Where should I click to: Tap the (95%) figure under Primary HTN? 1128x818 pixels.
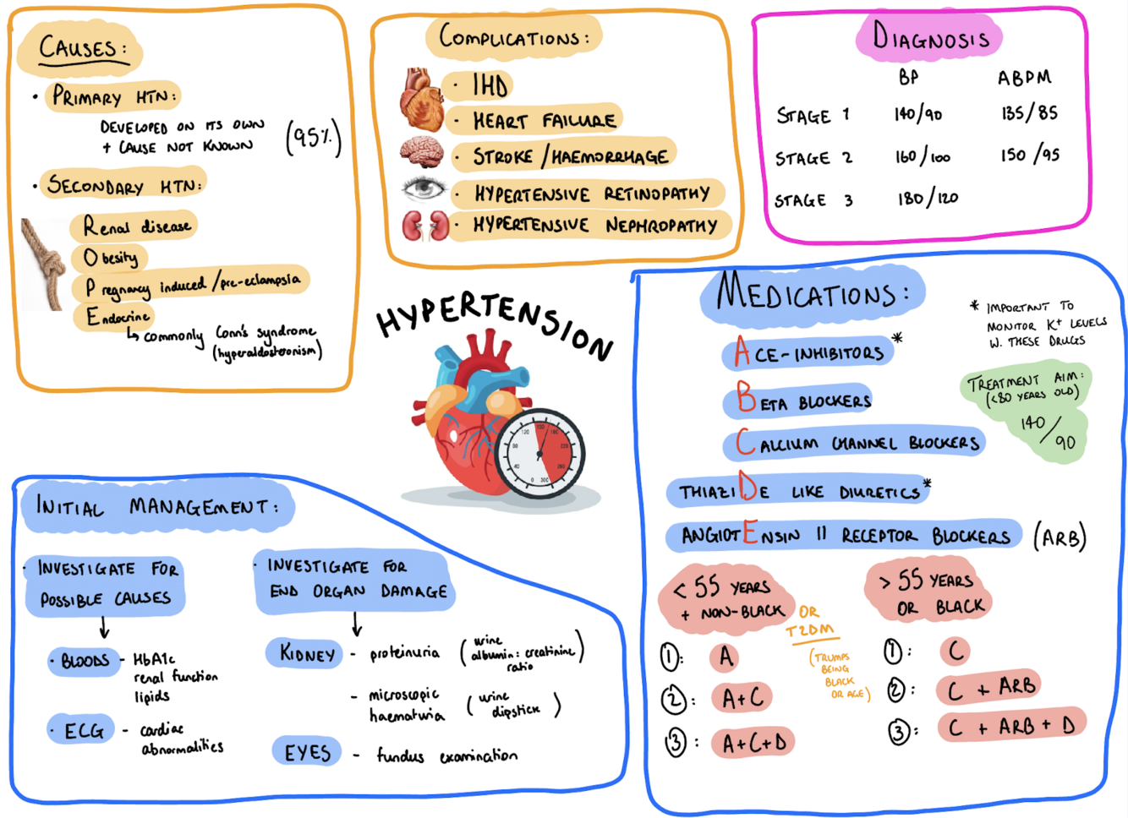tap(314, 137)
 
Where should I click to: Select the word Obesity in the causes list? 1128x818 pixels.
tap(111, 257)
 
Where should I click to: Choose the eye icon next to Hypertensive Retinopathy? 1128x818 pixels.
tap(423, 188)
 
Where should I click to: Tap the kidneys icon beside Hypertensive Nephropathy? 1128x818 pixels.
tap(424, 226)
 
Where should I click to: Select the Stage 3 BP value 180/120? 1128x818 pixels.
tap(928, 199)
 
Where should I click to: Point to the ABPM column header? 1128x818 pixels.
tap(1024, 78)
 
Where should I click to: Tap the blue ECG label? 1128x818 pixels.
tap(84, 730)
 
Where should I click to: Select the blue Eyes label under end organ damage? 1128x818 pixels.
tap(307, 752)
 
